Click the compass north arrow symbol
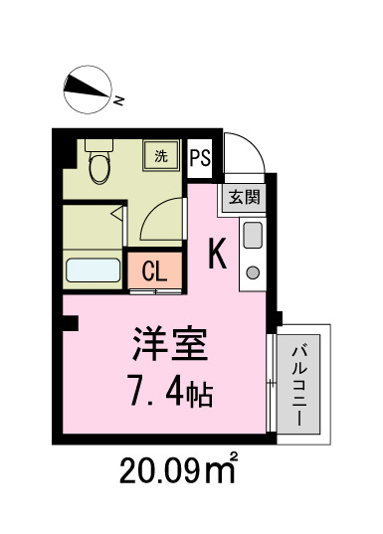coord(86,89)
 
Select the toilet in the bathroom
coord(99,166)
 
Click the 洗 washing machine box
coord(160,155)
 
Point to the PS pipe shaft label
coord(199,157)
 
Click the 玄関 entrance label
coord(243,197)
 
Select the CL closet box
coord(154,270)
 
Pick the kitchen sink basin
coord(252,237)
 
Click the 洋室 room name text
coord(170,345)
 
